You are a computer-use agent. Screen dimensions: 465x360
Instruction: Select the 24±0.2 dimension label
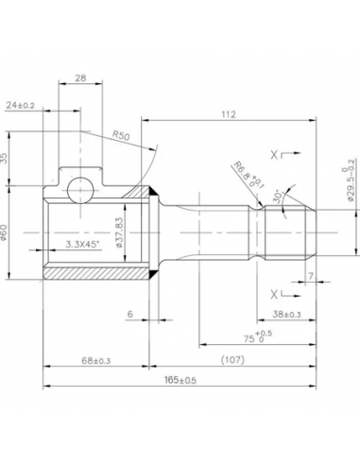point(21,105)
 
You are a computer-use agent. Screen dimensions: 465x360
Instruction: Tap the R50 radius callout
point(120,136)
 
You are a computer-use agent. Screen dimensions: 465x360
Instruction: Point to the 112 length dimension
point(228,114)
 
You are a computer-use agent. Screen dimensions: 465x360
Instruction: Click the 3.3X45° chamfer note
point(86,244)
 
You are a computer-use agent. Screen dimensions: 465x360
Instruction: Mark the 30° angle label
point(277,196)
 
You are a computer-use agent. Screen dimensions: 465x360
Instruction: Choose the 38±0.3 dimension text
point(287,314)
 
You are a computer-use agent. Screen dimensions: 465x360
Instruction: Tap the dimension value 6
point(129,314)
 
